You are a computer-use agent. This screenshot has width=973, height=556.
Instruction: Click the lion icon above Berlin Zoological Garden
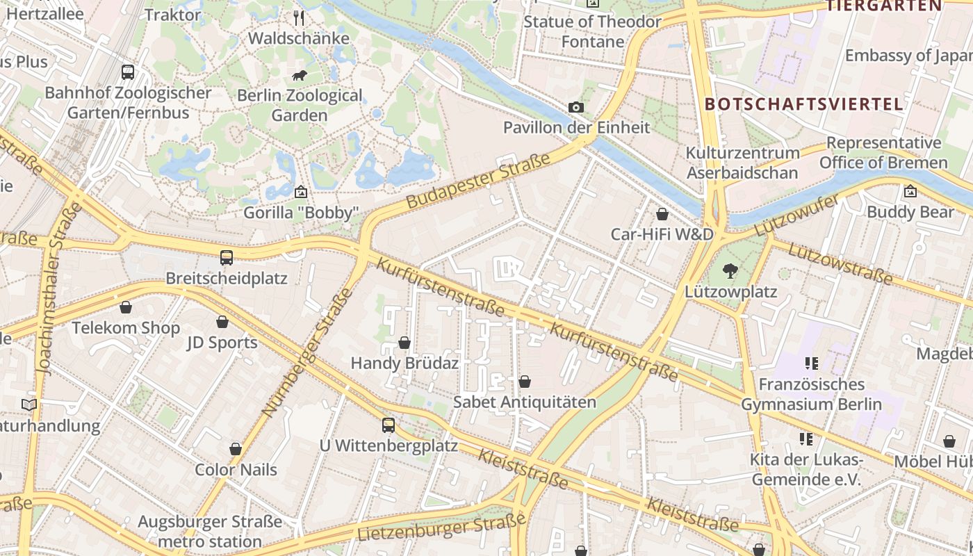click(x=300, y=75)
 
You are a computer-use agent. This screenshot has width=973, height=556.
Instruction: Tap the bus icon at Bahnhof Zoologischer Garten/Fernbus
click(x=128, y=72)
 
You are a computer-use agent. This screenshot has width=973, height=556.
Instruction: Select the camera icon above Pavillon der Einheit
click(x=576, y=107)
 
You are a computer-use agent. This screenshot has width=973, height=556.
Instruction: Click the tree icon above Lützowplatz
click(x=730, y=271)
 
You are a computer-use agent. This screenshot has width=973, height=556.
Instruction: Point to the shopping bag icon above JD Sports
click(x=222, y=322)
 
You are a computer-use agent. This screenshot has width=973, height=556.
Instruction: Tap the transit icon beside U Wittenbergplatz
click(x=389, y=425)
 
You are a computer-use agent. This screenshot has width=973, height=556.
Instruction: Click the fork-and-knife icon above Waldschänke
click(x=299, y=17)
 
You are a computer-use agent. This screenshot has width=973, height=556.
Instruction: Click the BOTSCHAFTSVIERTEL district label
click(x=804, y=104)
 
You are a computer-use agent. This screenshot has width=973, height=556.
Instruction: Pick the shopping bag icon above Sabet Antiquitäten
click(x=525, y=382)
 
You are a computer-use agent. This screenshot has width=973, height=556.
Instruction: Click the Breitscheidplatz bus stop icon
click(x=227, y=258)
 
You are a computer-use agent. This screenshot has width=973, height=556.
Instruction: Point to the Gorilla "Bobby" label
click(x=301, y=213)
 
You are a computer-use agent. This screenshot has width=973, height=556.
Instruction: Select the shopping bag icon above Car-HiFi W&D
click(x=662, y=213)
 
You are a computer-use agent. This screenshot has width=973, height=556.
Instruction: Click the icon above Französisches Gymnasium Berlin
click(x=811, y=363)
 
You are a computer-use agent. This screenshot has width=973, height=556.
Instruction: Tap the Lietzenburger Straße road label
click(x=441, y=528)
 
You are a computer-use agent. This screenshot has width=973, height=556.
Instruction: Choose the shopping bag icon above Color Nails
click(x=236, y=449)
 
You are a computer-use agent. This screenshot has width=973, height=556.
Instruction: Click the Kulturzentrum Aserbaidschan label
click(x=742, y=163)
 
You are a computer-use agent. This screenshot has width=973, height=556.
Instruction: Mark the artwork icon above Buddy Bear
click(x=910, y=191)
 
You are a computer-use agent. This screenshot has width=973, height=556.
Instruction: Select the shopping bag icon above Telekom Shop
click(x=126, y=307)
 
